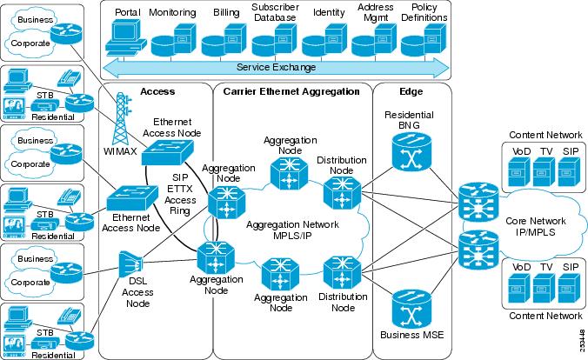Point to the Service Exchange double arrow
(275, 67)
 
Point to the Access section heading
(157, 90)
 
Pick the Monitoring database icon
(170, 40)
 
